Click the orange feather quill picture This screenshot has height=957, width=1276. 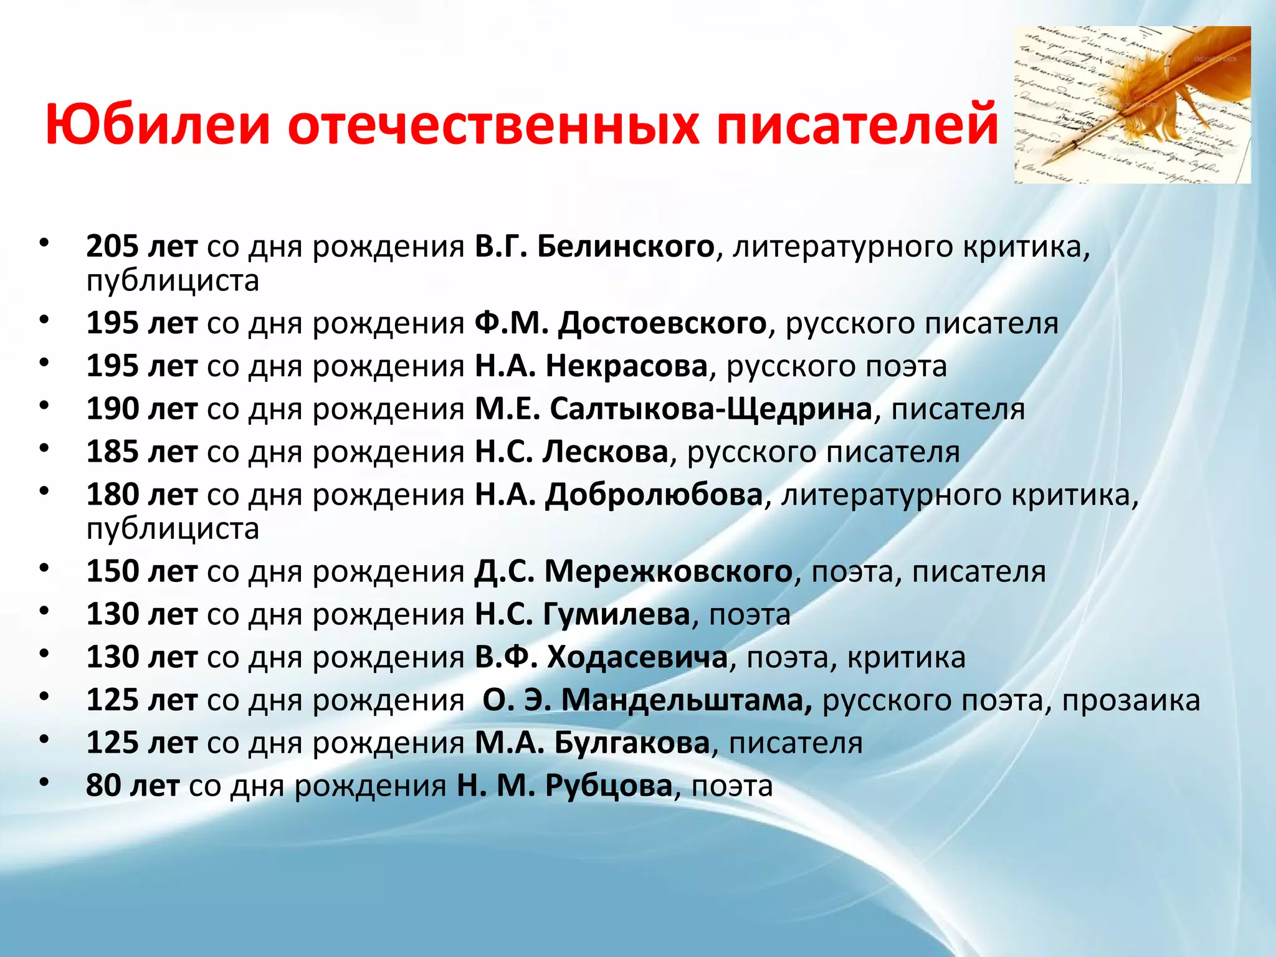click(1132, 105)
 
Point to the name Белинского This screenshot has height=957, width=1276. click(626, 247)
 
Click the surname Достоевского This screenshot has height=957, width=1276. click(662, 323)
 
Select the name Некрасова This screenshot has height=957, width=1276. click(626, 366)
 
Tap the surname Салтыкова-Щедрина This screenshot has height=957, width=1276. click(711, 409)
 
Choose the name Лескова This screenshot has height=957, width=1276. click(605, 452)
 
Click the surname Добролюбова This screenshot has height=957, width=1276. click(654, 495)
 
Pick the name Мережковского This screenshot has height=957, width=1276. click(669, 571)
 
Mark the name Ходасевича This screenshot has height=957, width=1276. click(637, 657)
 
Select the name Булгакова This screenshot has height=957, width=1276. click(632, 743)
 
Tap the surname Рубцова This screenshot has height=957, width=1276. click(609, 786)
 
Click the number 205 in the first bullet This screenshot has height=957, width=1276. click(112, 247)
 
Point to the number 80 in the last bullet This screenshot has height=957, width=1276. click(103, 786)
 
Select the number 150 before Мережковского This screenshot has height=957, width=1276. click(112, 571)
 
